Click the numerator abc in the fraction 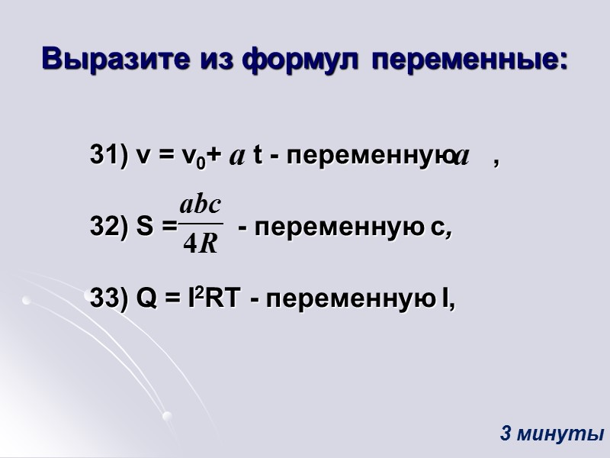[x=201, y=205]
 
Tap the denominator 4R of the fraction [x=201, y=245]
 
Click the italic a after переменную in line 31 [x=461, y=156]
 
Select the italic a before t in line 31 [x=237, y=156]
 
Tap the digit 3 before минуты [x=506, y=434]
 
